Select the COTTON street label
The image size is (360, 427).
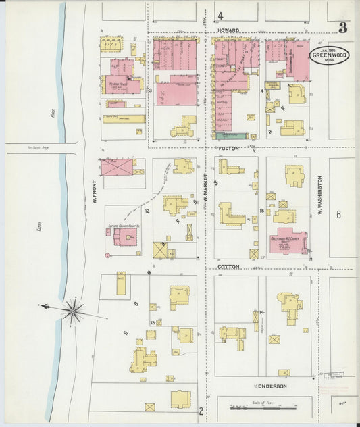tap(228, 267)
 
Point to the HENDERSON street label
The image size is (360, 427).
tap(270, 386)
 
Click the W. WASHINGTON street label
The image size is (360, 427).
tap(319, 196)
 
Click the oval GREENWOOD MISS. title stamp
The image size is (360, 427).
tap(330, 55)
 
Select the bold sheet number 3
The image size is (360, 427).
tap(343, 28)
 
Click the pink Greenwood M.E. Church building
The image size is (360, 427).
tap(288, 241)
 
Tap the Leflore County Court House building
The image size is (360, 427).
tap(124, 237)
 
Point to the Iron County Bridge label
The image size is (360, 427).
tap(42, 147)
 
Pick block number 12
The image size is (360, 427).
tap(146, 211)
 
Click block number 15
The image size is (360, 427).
tap(261, 211)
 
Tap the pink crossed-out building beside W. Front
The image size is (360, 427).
tap(116, 167)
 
